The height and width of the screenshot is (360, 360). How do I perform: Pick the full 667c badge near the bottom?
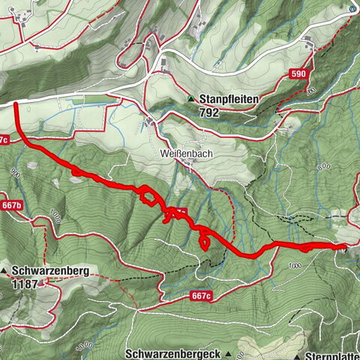tap(200, 296)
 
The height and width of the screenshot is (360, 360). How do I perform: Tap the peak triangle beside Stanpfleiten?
tap(191, 98)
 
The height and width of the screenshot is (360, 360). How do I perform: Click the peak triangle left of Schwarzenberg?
tap(5, 270)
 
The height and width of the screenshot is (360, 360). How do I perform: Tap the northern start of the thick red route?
tap(15, 105)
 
